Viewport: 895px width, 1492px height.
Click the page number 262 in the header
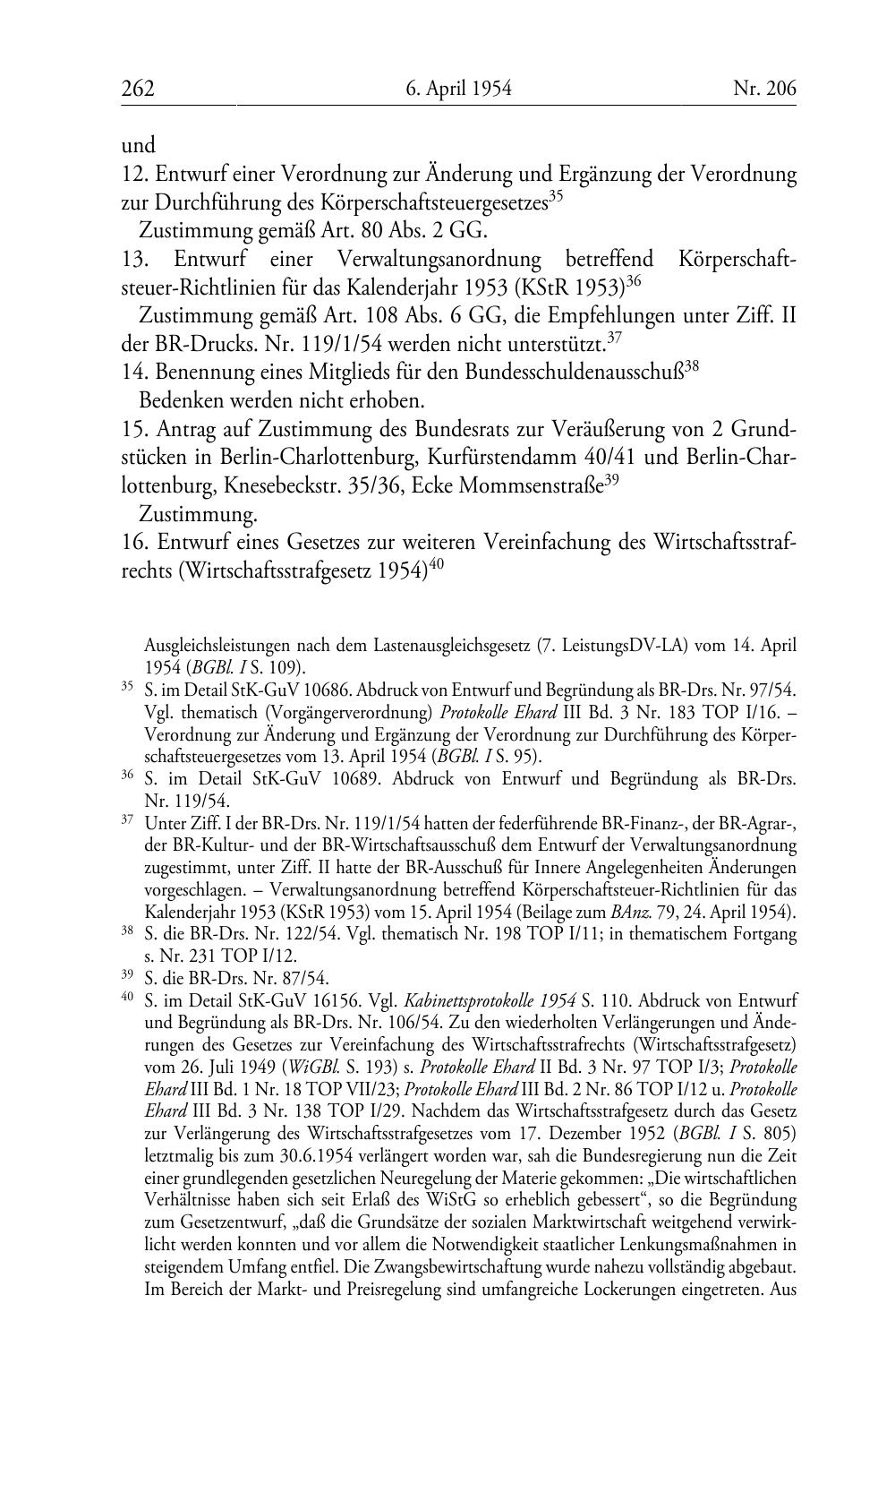138,89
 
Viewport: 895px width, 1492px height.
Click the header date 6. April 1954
458,89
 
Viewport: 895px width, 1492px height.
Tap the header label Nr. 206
764,89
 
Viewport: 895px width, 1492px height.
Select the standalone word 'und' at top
138,145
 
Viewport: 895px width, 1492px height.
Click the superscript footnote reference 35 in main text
556,195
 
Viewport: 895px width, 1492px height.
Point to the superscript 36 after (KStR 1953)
634,281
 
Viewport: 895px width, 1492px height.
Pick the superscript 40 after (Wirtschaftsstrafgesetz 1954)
437,564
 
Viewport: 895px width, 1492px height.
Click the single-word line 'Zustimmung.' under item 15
198,515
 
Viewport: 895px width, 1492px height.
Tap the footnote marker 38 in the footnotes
127,931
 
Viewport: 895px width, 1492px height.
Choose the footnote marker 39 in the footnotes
127,975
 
